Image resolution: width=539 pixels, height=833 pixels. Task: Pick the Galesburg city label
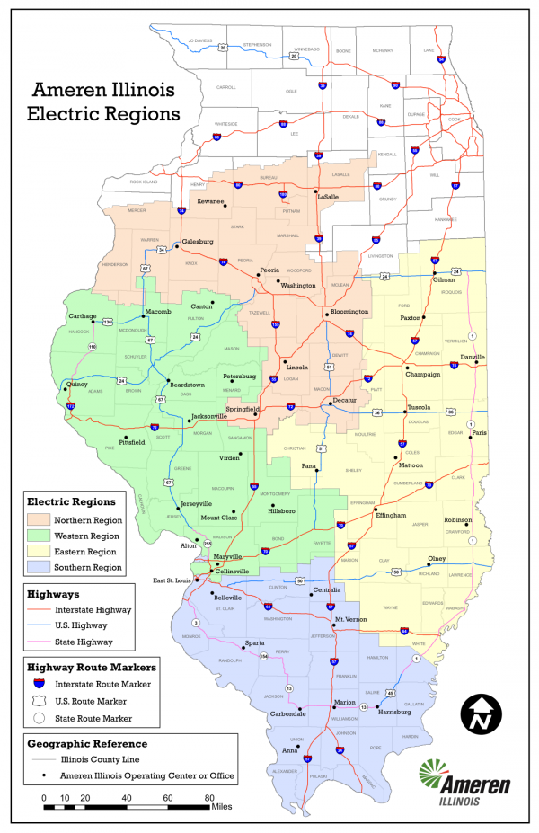[x=198, y=242]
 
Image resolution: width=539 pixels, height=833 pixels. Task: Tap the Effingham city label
[x=393, y=515]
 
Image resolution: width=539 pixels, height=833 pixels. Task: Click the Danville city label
[x=473, y=357]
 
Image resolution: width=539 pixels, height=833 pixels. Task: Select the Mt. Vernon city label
[x=350, y=621]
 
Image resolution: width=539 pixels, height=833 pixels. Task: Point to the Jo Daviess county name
[x=199, y=40]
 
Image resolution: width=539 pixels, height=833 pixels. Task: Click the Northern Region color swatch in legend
[x=40, y=520]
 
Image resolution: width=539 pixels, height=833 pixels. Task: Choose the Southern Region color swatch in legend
[x=40, y=568]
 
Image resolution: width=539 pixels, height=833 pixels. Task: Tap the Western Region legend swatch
[x=40, y=536]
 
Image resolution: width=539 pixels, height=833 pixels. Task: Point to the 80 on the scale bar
[x=209, y=798]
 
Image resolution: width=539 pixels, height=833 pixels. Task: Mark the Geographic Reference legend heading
[x=87, y=743]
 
